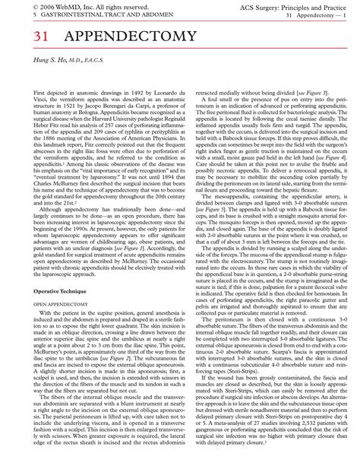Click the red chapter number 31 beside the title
pyautogui.click(x=21, y=36)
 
